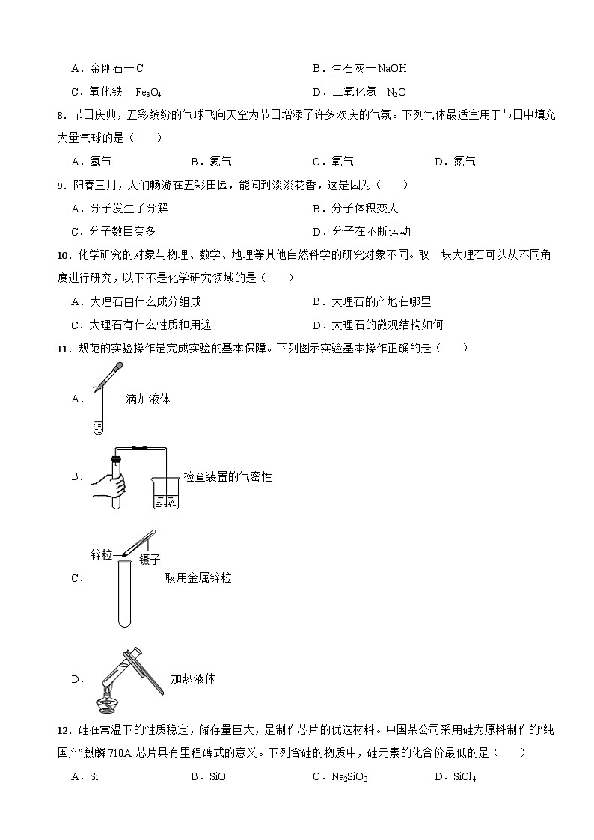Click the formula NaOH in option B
pyautogui.click(x=392, y=69)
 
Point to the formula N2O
pyautogui.click(x=394, y=93)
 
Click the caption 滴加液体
pyautogui.click(x=148, y=399)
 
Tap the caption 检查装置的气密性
pyautogui.click(x=228, y=476)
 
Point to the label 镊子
pyautogui.click(x=150, y=560)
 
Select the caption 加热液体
pyautogui.click(x=193, y=678)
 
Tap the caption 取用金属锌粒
pyautogui.click(x=198, y=577)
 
